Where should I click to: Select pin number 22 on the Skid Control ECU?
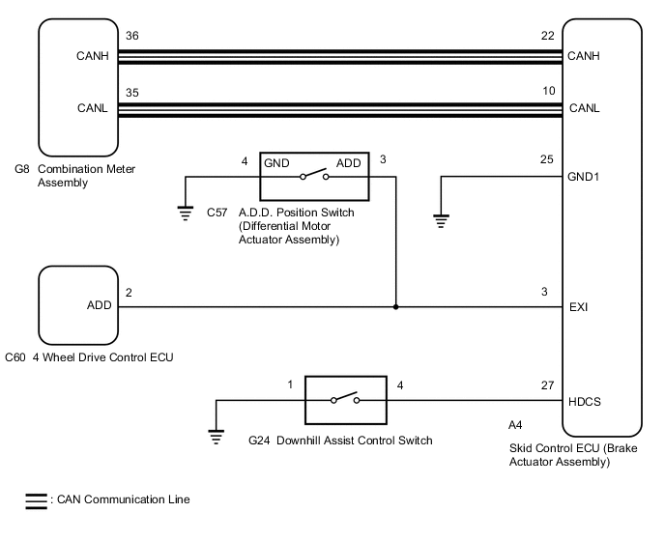[x=549, y=35]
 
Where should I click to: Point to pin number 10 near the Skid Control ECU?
[x=549, y=91]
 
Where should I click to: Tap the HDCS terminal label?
[x=585, y=402]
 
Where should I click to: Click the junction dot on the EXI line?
[x=395, y=307]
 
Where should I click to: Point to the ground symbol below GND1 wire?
[x=441, y=221]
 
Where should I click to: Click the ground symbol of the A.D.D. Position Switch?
[x=186, y=214]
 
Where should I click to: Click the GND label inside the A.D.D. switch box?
[x=276, y=163]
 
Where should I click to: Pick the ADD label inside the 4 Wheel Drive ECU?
[x=99, y=306]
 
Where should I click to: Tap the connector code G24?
[x=258, y=441]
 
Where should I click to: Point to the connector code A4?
[x=515, y=423]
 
